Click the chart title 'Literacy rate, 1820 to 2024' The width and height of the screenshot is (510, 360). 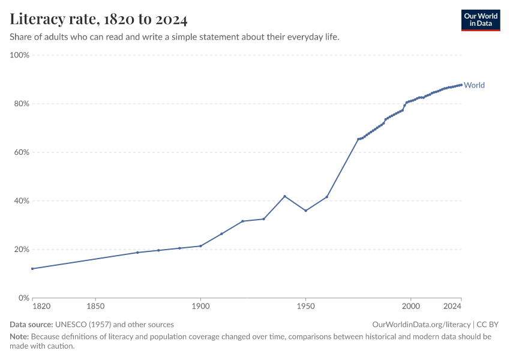click(x=98, y=19)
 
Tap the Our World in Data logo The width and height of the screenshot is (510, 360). click(x=481, y=20)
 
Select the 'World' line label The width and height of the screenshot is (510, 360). click(x=474, y=85)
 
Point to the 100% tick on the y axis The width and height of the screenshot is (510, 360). click(x=20, y=55)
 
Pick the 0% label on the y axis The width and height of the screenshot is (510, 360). click(x=24, y=298)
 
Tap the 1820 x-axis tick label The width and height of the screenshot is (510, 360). click(x=41, y=307)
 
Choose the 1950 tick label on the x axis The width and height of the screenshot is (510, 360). click(x=306, y=307)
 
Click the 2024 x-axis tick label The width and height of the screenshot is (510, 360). click(x=452, y=307)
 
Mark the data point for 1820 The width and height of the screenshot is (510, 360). click(x=32, y=269)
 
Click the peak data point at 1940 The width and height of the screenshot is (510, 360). click(x=284, y=196)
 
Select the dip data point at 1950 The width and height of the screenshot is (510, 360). click(x=306, y=211)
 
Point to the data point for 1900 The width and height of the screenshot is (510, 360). click(x=200, y=246)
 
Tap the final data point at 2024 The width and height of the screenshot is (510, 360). click(x=461, y=85)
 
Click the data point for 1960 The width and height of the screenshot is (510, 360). click(x=327, y=197)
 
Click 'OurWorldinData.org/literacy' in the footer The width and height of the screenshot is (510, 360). click(x=421, y=325)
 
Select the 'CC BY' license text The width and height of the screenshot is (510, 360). click(x=488, y=325)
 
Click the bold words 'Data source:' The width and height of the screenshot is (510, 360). click(x=31, y=325)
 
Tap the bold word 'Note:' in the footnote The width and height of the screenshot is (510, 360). click(x=19, y=337)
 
